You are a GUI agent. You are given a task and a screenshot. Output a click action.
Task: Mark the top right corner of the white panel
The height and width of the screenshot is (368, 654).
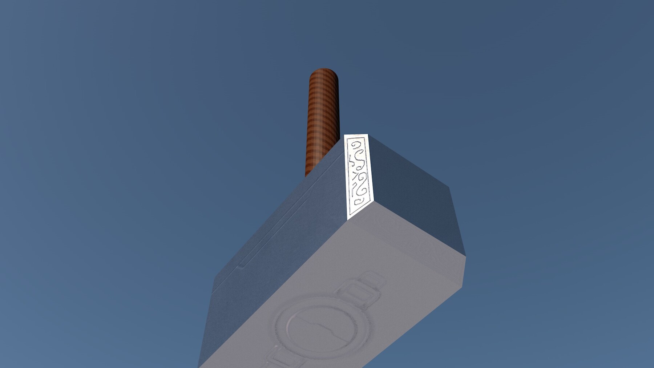point(368,135)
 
